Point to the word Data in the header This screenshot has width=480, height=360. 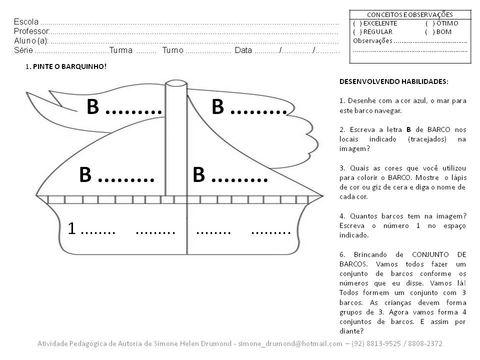(x=243, y=50)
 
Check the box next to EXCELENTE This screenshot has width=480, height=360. (x=357, y=23)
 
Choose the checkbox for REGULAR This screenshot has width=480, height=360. (x=357, y=32)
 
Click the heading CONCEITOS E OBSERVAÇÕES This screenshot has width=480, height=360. (x=410, y=15)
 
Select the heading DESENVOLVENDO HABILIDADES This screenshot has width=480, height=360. (x=394, y=81)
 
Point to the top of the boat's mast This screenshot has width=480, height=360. (x=175, y=82)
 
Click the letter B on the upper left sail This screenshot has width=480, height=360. (x=92, y=107)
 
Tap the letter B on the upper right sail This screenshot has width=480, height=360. (x=217, y=107)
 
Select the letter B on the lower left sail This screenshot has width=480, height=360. (x=85, y=175)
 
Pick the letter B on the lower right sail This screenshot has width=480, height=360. (x=198, y=175)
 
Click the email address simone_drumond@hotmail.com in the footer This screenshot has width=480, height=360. (x=293, y=344)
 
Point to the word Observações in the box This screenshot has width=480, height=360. (x=372, y=41)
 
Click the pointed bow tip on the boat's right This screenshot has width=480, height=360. (x=321, y=195)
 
